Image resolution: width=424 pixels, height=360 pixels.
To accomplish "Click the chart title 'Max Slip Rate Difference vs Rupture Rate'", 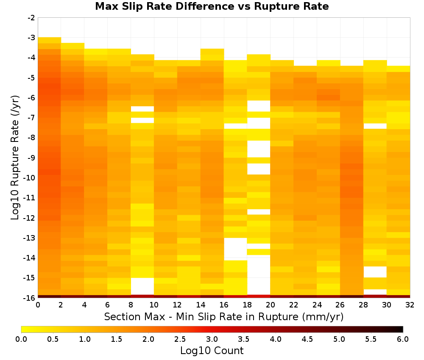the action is click(212, 6).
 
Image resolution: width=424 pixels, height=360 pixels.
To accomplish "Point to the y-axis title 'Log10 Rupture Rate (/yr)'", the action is click(15, 158).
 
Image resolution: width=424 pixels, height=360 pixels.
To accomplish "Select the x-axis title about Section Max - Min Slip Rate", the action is click(223, 317).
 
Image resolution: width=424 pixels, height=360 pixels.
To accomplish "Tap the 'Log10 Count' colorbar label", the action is click(212, 351).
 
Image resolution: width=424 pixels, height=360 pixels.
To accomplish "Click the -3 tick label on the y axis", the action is click(31, 38).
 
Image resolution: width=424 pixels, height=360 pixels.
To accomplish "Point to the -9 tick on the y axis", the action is click(31, 158).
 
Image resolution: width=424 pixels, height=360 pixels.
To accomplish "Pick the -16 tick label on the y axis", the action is click(30, 298).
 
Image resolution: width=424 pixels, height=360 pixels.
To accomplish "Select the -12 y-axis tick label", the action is click(30, 218).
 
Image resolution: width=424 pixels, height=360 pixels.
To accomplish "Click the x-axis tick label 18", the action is click(247, 305).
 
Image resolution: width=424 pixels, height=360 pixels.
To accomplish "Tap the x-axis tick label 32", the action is click(410, 305).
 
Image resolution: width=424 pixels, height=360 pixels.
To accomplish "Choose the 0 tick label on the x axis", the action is click(38, 305).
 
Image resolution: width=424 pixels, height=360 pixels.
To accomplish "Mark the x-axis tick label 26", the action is click(340, 305).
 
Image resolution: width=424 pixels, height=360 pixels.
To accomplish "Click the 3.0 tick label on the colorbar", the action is click(212, 339).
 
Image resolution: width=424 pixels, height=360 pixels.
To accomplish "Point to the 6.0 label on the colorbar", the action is click(403, 339).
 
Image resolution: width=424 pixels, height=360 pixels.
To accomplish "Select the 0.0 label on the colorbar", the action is click(21, 339).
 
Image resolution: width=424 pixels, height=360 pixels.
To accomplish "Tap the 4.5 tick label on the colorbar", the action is click(307, 339).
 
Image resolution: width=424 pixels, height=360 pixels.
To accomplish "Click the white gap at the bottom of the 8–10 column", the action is click(142, 286).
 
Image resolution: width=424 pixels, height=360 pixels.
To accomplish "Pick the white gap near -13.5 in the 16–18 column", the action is click(235, 249).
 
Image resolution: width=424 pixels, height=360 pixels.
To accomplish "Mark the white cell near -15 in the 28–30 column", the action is click(375, 272).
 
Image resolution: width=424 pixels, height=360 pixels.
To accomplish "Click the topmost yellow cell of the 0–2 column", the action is click(50, 40).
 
